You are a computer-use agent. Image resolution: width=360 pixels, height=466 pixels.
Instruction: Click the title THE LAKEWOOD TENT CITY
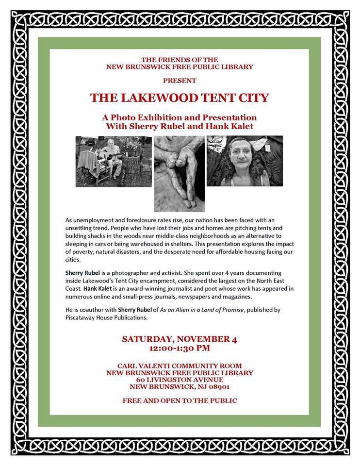[x=180, y=98]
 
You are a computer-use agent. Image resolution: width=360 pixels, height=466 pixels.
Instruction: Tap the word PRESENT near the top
[x=180, y=80]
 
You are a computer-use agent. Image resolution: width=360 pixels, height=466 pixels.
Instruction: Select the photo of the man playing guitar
[x=113, y=161]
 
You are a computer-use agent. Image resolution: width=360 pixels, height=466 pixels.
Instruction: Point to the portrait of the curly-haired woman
[x=245, y=161]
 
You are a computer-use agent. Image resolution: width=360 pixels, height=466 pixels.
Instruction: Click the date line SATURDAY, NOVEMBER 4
[x=179, y=339]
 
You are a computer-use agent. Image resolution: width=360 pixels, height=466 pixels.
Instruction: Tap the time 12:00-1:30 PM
[x=180, y=348]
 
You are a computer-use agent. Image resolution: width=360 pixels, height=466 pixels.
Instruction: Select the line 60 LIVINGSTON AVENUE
[x=180, y=380]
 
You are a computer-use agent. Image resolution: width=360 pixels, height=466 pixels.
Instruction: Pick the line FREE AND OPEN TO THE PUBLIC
[x=180, y=400]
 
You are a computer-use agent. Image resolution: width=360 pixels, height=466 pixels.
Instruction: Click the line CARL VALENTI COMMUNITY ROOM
[x=180, y=366]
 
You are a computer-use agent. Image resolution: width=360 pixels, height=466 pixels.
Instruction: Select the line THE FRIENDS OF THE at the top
[x=180, y=59]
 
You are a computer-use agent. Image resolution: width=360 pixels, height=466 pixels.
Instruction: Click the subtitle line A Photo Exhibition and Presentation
[x=180, y=118]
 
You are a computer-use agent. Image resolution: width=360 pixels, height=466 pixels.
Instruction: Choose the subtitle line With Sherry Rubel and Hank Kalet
[x=180, y=126]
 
